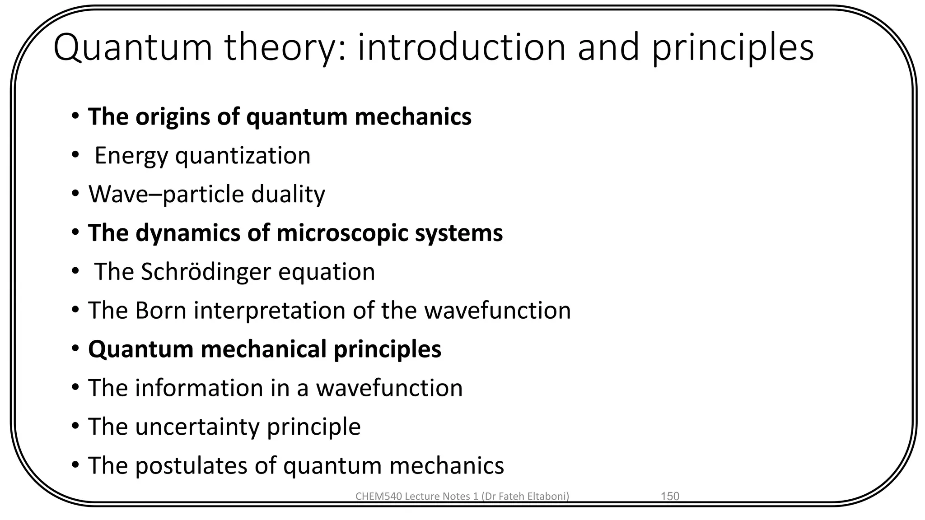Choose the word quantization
pyautogui.click(x=243, y=156)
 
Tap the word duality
pyautogui.click(x=288, y=195)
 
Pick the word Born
pyautogui.click(x=160, y=311)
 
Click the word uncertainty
pyautogui.click(x=197, y=427)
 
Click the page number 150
pyautogui.click(x=670, y=497)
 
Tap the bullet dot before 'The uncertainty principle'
pyautogui.click(x=75, y=426)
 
